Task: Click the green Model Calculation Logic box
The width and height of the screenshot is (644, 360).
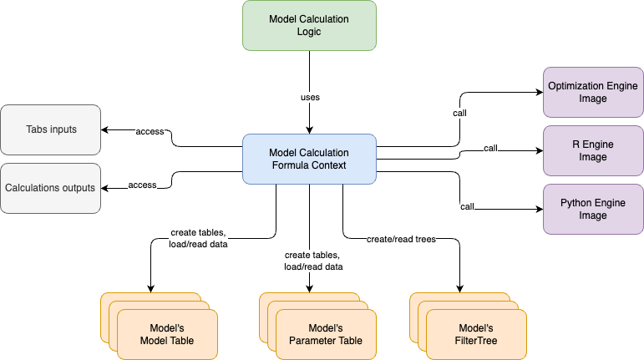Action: tap(309, 25)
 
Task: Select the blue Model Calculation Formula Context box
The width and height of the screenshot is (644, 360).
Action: tap(309, 160)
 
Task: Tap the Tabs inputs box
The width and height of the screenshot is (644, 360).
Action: tap(50, 129)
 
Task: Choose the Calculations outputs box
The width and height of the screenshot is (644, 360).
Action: tap(50, 188)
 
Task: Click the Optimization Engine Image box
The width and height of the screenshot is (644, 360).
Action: tap(593, 92)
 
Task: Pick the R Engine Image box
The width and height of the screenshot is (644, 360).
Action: tap(593, 150)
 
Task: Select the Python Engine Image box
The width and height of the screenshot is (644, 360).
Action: tap(593, 209)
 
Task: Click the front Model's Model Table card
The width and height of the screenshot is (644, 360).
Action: tap(167, 334)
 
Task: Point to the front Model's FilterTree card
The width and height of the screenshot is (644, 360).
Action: tap(476, 334)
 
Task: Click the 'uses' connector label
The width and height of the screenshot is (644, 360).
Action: tap(310, 98)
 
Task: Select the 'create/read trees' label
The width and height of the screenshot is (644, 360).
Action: tap(401, 239)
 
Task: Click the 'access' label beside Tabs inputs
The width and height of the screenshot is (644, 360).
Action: tap(150, 131)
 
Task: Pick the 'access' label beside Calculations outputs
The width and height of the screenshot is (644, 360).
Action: tap(142, 185)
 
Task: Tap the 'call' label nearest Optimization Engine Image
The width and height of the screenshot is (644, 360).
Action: tap(459, 112)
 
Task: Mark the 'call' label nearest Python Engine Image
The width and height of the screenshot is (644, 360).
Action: tap(468, 205)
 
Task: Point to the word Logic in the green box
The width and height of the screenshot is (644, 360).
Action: tap(309, 32)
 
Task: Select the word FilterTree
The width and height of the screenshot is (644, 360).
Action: tap(476, 341)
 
